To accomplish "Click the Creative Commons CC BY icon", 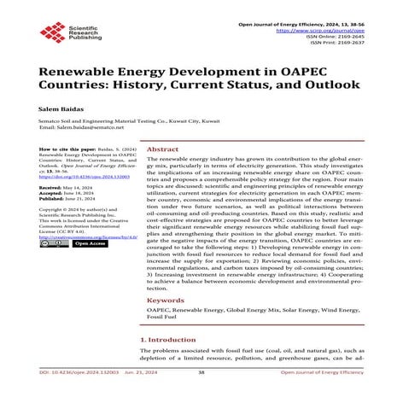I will (52, 244).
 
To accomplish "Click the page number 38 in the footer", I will (201, 397).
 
